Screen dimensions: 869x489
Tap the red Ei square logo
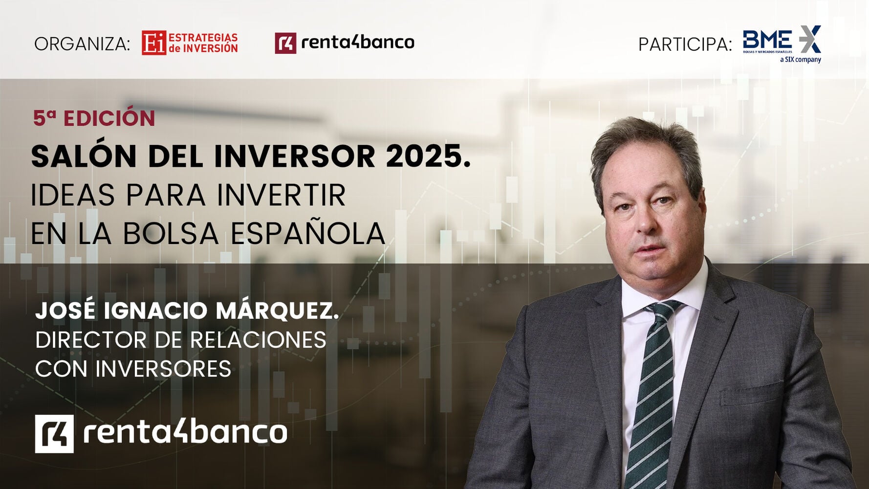pyautogui.click(x=154, y=43)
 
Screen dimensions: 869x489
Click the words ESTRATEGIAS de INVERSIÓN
pyautogui.click(x=203, y=43)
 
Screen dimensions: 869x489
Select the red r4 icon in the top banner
pyautogui.click(x=285, y=43)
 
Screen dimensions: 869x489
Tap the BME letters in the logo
pyautogui.click(x=767, y=39)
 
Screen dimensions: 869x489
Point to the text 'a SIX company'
pyautogui.click(x=801, y=60)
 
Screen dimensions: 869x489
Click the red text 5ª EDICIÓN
pyautogui.click(x=94, y=118)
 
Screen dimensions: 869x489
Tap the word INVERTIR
pyautogui.click(x=281, y=196)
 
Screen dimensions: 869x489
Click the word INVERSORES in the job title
pyautogui.click(x=163, y=369)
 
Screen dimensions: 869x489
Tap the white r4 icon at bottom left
pyautogui.click(x=54, y=434)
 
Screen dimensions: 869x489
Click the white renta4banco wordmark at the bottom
pyautogui.click(x=185, y=432)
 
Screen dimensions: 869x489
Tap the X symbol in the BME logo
pyautogui.click(x=810, y=39)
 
